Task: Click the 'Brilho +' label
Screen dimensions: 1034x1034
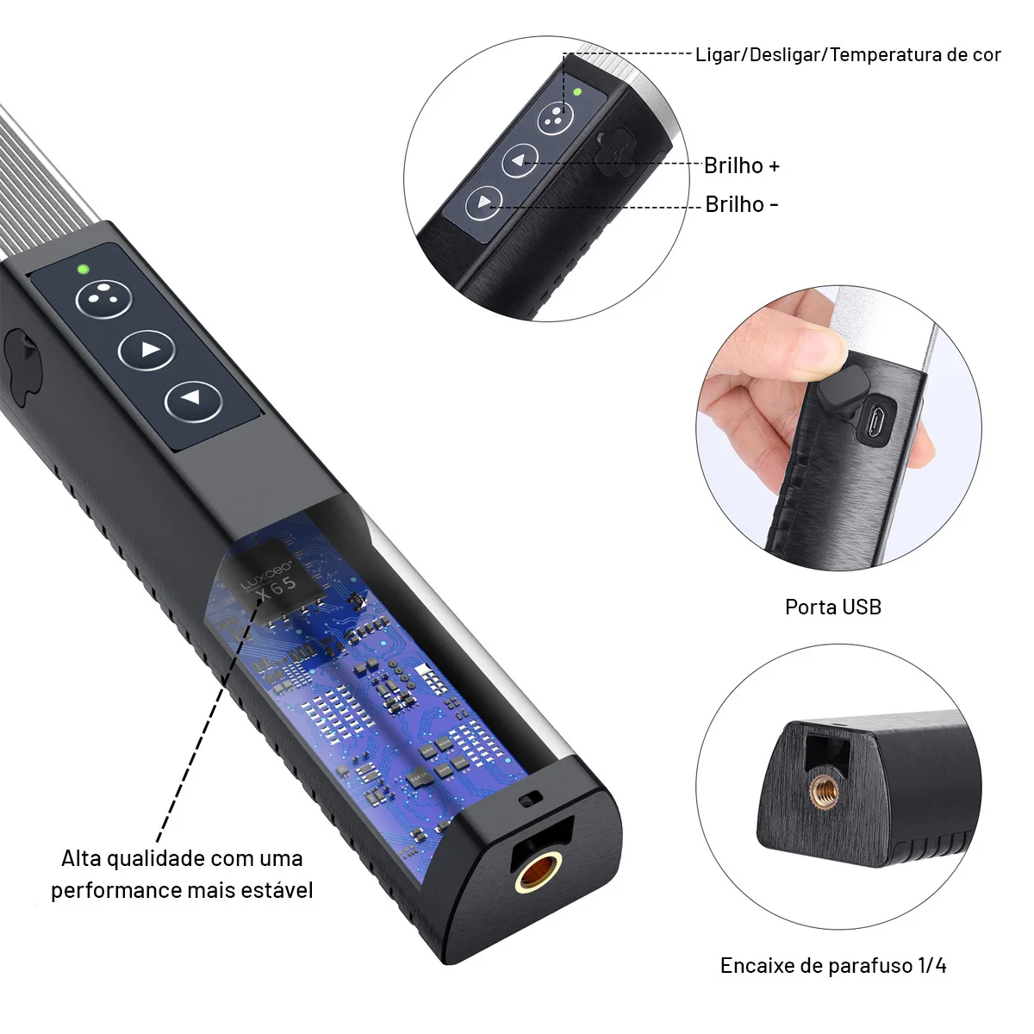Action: (x=741, y=165)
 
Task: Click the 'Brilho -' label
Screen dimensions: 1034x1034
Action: (x=741, y=204)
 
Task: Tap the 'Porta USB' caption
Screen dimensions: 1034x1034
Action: (x=832, y=607)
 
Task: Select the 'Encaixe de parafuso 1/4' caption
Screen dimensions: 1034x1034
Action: (x=832, y=965)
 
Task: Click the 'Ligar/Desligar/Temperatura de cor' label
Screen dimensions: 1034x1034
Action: (x=848, y=55)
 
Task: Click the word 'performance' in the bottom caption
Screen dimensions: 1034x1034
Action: (x=116, y=891)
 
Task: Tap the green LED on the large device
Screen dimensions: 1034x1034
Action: (x=84, y=269)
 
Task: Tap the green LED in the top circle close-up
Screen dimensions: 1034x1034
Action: (x=577, y=91)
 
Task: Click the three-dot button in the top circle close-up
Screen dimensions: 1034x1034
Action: (x=556, y=118)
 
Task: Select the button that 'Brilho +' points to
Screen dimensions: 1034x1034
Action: (x=520, y=160)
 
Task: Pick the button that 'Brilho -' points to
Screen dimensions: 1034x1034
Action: (x=484, y=202)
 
